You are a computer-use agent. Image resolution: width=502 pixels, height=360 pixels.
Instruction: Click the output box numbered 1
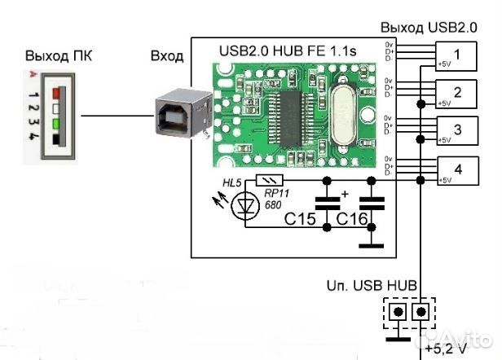click(x=456, y=55)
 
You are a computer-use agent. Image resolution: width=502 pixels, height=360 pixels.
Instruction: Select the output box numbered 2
click(x=456, y=93)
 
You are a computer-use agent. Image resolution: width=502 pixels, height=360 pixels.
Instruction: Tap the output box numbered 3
click(x=456, y=130)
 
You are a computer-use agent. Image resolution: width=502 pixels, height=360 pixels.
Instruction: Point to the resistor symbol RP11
click(x=268, y=180)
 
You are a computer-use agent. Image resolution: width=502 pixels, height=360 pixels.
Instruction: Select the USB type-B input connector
click(x=179, y=115)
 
